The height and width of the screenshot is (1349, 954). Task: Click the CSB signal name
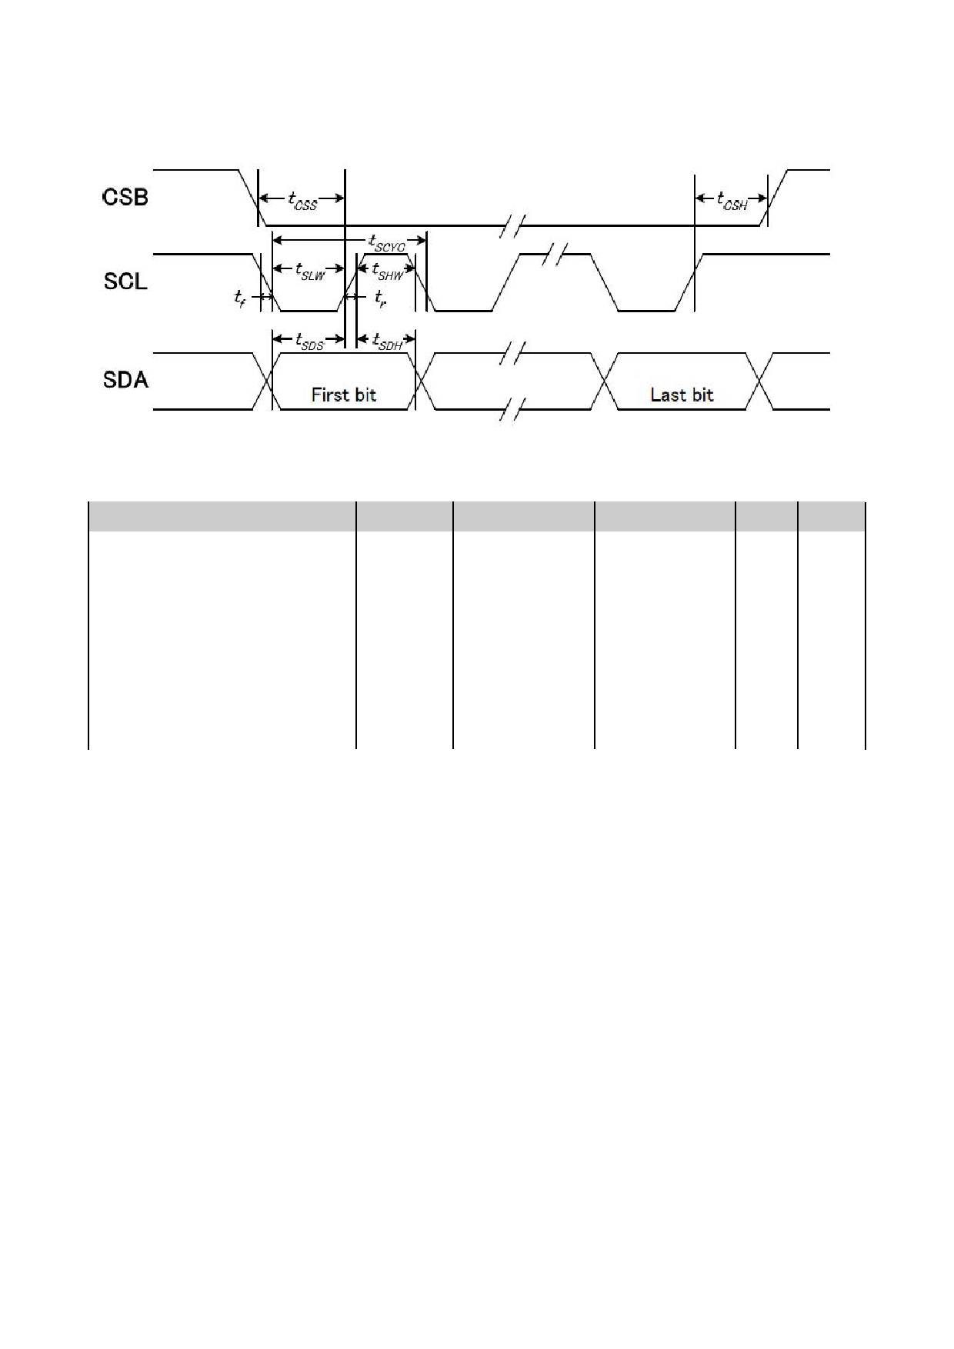(125, 198)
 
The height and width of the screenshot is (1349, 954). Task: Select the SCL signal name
(125, 281)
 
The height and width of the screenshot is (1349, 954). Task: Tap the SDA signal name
(125, 380)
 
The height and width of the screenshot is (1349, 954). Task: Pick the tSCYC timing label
(387, 242)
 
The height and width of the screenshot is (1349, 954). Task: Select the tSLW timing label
(310, 271)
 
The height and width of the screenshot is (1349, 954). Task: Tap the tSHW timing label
(388, 271)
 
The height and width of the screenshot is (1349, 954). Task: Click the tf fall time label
(240, 298)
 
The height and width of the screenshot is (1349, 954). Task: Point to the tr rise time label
(380, 298)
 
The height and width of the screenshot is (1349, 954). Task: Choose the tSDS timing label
(310, 341)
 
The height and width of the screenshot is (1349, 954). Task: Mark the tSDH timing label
(388, 341)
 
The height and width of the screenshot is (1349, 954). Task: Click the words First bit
(344, 395)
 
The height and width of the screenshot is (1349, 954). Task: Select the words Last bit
(682, 395)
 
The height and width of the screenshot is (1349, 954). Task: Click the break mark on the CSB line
(512, 226)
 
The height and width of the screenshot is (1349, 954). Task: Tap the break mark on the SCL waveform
(554, 254)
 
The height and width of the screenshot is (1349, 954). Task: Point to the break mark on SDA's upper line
(512, 353)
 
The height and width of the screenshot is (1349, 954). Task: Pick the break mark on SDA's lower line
(512, 409)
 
